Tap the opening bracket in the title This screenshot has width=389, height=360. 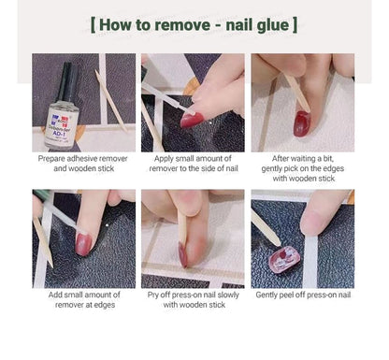click(94, 23)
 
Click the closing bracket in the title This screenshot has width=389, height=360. click(295, 23)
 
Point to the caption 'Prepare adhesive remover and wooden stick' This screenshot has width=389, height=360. click(83, 165)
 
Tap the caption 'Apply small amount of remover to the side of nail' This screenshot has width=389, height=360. click(194, 165)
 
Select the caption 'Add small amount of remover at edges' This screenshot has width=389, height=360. click(83, 299)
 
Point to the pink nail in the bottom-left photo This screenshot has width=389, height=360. click(83, 245)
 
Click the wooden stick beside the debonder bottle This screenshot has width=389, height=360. click(111, 101)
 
